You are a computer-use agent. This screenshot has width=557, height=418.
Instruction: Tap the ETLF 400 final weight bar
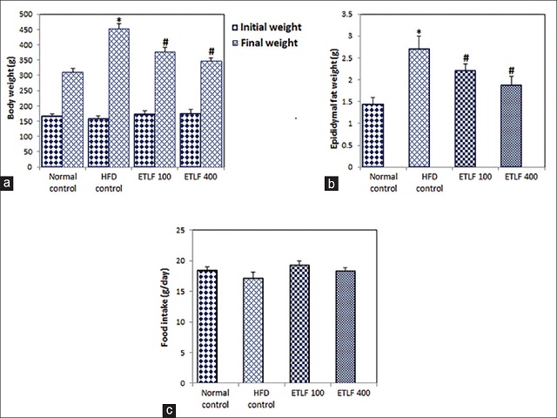tap(211, 113)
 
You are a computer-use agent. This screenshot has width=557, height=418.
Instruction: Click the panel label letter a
tap(8, 184)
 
